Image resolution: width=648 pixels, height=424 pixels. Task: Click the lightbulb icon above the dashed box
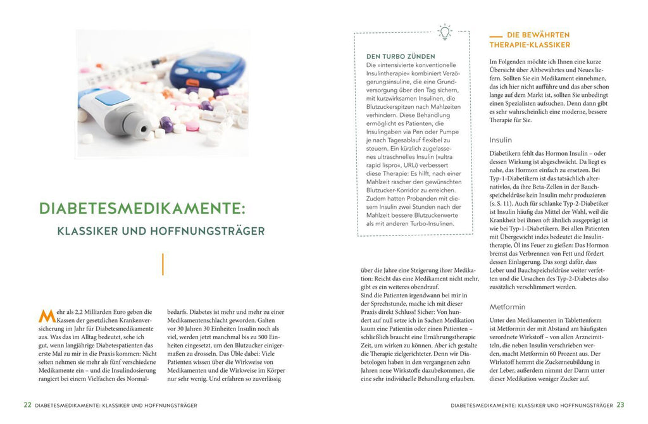point(445,32)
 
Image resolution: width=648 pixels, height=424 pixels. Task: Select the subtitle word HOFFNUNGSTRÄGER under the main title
point(215,231)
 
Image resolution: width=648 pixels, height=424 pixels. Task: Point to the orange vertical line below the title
point(163,264)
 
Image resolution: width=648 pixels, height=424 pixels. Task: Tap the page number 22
point(27,405)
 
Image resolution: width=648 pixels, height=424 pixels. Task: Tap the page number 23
point(620,405)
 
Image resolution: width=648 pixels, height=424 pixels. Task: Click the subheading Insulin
point(501,139)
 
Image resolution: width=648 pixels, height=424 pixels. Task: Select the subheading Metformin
point(508,306)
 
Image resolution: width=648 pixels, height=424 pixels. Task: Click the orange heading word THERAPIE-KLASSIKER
point(530,45)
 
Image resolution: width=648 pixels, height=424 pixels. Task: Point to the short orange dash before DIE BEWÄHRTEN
point(496,35)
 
